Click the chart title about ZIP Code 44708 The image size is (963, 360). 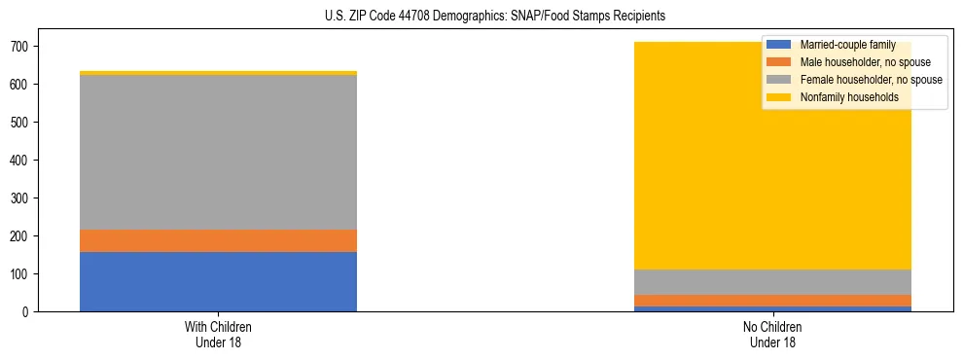(x=481, y=17)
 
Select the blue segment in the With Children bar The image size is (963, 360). (x=218, y=281)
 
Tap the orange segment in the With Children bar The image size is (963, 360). (x=218, y=240)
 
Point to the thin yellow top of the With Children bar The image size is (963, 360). (x=218, y=73)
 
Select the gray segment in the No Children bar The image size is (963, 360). (x=772, y=282)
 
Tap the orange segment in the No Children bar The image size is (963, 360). (x=772, y=301)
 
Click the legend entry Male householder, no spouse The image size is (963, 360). (x=857, y=62)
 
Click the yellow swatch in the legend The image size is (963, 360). (x=780, y=97)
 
